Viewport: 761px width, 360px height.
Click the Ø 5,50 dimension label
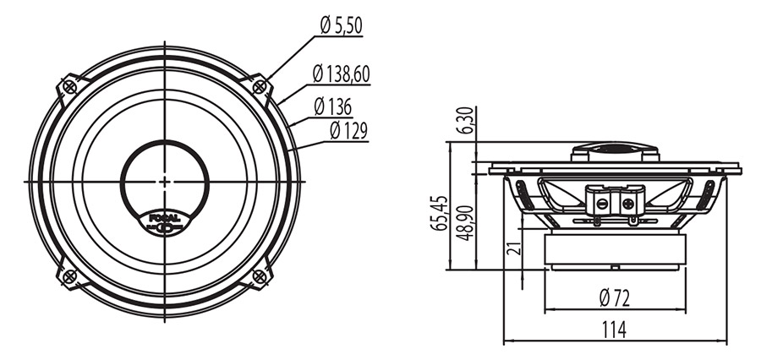[342, 25]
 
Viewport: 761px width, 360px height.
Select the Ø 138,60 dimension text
[342, 74]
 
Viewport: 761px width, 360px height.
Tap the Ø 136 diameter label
[332, 106]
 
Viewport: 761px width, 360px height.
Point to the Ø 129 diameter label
[348, 131]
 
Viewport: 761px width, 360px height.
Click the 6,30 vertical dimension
[468, 122]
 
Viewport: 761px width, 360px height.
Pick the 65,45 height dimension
[441, 213]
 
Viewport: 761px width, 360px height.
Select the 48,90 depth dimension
[467, 223]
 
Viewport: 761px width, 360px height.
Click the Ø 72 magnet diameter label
[615, 298]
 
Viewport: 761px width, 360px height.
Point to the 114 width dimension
[615, 330]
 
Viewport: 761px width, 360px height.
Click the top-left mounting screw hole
[70, 87]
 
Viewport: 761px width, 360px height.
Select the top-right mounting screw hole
[260, 87]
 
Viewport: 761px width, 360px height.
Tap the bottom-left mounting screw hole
[70, 276]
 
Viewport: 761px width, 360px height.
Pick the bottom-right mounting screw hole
[260, 276]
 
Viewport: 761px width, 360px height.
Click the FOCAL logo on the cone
[165, 223]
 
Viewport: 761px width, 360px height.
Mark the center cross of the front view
[165, 182]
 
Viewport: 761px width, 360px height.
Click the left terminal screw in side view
[602, 204]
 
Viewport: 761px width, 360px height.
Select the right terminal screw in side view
[627, 204]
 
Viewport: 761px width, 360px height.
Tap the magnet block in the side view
[615, 249]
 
